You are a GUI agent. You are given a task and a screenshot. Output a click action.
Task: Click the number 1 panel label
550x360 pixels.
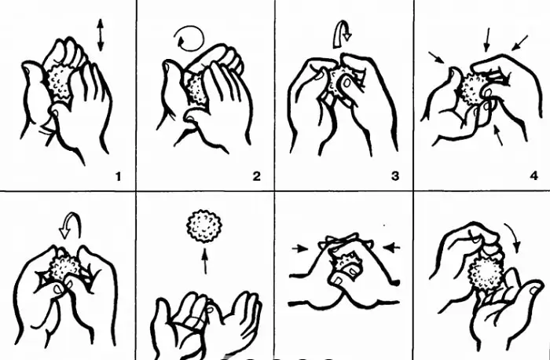point(118,177)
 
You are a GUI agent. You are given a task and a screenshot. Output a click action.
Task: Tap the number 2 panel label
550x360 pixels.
point(257,177)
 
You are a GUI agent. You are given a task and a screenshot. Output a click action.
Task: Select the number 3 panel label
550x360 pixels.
point(395,177)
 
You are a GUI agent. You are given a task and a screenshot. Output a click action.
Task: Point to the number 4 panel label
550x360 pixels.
point(533,177)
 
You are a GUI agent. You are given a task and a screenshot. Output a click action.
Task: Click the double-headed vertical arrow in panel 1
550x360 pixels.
point(101,35)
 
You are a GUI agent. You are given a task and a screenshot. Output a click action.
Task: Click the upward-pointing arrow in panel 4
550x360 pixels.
point(498,134)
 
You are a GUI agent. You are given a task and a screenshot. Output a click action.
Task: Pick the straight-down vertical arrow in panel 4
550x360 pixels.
point(486,40)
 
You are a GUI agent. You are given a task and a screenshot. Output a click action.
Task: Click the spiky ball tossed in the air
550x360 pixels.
point(204,226)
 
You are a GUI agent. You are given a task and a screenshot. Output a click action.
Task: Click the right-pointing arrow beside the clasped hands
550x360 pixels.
point(300,248)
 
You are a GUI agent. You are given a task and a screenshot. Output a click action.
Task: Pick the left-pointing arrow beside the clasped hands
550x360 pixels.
point(392,247)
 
